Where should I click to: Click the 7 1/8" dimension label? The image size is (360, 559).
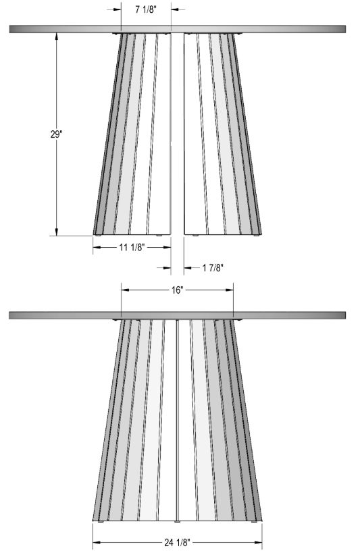146,9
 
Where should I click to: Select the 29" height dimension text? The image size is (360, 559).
56,134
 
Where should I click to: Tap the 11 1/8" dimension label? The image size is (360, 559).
132,247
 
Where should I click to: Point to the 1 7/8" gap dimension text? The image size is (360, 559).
213,267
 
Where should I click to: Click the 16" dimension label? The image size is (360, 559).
176,290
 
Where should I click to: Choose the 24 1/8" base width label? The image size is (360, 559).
177,542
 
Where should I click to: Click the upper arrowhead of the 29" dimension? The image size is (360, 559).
56,36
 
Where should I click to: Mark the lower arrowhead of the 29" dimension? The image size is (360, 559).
56,232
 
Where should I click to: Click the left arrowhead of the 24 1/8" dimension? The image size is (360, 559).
97,542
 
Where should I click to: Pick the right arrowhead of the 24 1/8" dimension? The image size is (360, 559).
258,542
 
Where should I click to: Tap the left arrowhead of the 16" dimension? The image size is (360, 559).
125,290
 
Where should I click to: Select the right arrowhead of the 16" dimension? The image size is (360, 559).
229,290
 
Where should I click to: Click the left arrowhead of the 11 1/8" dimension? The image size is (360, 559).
97,247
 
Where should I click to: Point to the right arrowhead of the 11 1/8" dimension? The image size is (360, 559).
167,247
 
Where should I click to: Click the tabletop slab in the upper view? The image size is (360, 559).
178,29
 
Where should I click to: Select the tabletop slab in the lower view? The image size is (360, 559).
178,315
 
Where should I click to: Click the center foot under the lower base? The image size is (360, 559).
178,522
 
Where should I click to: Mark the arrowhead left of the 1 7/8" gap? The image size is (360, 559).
167,267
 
